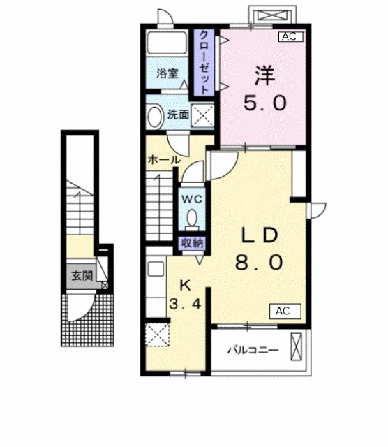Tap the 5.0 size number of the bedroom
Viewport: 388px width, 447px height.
coord(264,103)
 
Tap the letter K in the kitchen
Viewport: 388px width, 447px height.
coord(186,284)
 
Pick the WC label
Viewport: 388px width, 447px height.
coord(192,198)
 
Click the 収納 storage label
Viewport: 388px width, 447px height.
coord(193,243)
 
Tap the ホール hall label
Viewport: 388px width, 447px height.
coord(164,160)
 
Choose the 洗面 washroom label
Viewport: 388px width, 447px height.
coord(178,115)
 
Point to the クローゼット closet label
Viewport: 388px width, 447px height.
coord(206,62)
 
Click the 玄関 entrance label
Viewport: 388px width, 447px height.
coord(82,275)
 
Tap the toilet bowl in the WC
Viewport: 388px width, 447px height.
coord(192,220)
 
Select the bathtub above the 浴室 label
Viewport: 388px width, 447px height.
coord(167,44)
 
